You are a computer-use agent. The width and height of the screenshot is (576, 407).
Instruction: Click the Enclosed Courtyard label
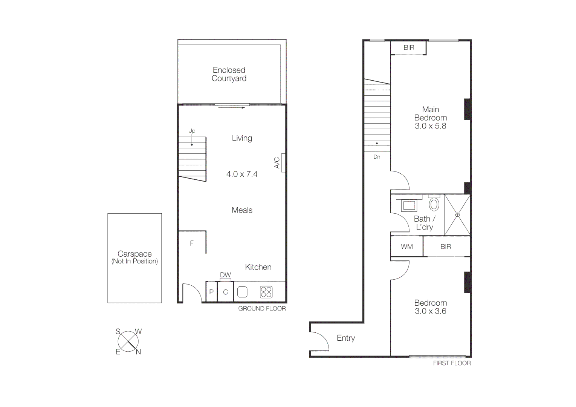[x=229, y=74]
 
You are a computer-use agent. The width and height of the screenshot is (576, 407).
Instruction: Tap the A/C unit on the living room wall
[x=283, y=163]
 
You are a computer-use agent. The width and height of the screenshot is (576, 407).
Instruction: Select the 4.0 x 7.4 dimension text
[x=242, y=174]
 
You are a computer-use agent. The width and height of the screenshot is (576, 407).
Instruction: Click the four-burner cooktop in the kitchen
[x=266, y=292]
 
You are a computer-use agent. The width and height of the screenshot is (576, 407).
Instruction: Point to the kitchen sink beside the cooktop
[x=242, y=292]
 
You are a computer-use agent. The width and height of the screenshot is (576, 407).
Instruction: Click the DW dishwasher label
[x=225, y=275]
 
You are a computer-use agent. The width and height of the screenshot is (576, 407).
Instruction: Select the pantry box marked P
[x=211, y=292]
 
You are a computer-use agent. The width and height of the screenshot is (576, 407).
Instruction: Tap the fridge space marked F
[x=192, y=243]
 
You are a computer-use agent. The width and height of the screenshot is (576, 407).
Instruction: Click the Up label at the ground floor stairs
[x=192, y=131]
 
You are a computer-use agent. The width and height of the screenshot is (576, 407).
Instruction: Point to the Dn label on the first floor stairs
[x=377, y=157]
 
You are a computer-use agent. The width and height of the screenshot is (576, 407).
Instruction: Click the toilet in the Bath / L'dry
[x=434, y=204]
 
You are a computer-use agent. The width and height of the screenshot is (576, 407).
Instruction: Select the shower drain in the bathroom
[x=457, y=215]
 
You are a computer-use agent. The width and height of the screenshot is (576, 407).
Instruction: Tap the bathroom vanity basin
[x=409, y=205]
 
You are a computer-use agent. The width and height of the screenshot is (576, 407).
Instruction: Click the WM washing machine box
[x=407, y=246]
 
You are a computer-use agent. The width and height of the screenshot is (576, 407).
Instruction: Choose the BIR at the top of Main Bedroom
[x=409, y=47]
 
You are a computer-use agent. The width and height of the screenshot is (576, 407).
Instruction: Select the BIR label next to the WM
[x=446, y=246]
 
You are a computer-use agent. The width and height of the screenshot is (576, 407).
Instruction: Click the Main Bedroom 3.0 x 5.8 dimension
[x=430, y=126]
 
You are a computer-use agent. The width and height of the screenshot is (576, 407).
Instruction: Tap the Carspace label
[x=134, y=254]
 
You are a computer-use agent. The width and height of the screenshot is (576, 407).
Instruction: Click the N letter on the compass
[x=138, y=352]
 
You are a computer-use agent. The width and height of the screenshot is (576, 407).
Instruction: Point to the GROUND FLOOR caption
[x=262, y=309]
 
